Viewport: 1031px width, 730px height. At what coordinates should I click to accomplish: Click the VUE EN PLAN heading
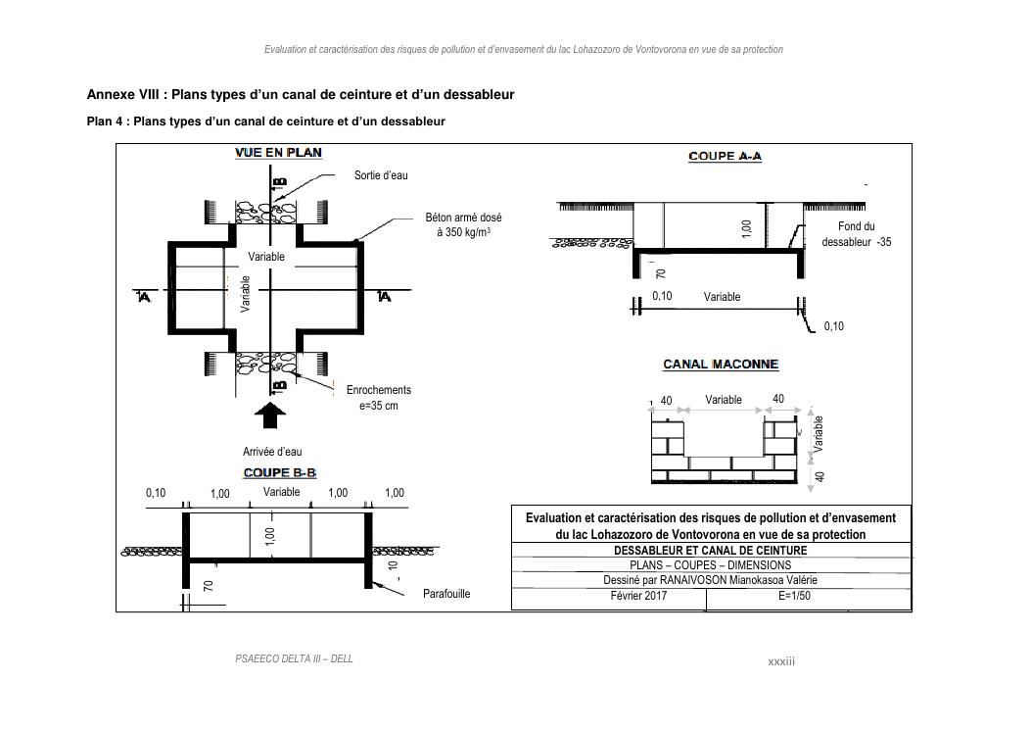coord(278,153)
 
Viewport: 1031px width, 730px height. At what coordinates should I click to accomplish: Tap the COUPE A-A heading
coord(726,157)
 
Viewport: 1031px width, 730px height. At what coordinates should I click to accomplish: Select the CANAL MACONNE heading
coord(721,365)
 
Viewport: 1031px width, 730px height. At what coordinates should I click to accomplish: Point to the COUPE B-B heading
coord(280,473)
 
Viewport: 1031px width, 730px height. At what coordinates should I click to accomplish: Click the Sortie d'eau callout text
coord(381,175)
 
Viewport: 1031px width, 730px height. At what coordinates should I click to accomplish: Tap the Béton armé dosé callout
coord(463,225)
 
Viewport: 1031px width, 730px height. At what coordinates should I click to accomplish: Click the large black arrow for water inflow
coord(270,414)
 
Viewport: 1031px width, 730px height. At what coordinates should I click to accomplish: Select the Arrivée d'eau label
coord(272,452)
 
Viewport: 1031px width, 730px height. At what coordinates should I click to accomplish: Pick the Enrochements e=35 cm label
coord(379,397)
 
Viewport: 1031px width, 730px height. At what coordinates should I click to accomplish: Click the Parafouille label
coord(446,594)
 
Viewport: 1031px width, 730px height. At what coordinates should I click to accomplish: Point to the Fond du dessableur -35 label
coord(856,234)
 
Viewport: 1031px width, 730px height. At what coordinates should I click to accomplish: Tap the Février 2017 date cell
coord(638,595)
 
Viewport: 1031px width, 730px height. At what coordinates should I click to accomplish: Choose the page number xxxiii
coord(781,661)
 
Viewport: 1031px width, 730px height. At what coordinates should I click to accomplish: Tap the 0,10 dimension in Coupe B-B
coord(156,493)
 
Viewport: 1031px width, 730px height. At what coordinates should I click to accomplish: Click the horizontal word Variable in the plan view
coord(266,257)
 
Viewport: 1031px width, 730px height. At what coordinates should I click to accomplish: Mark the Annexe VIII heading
coord(301,95)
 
